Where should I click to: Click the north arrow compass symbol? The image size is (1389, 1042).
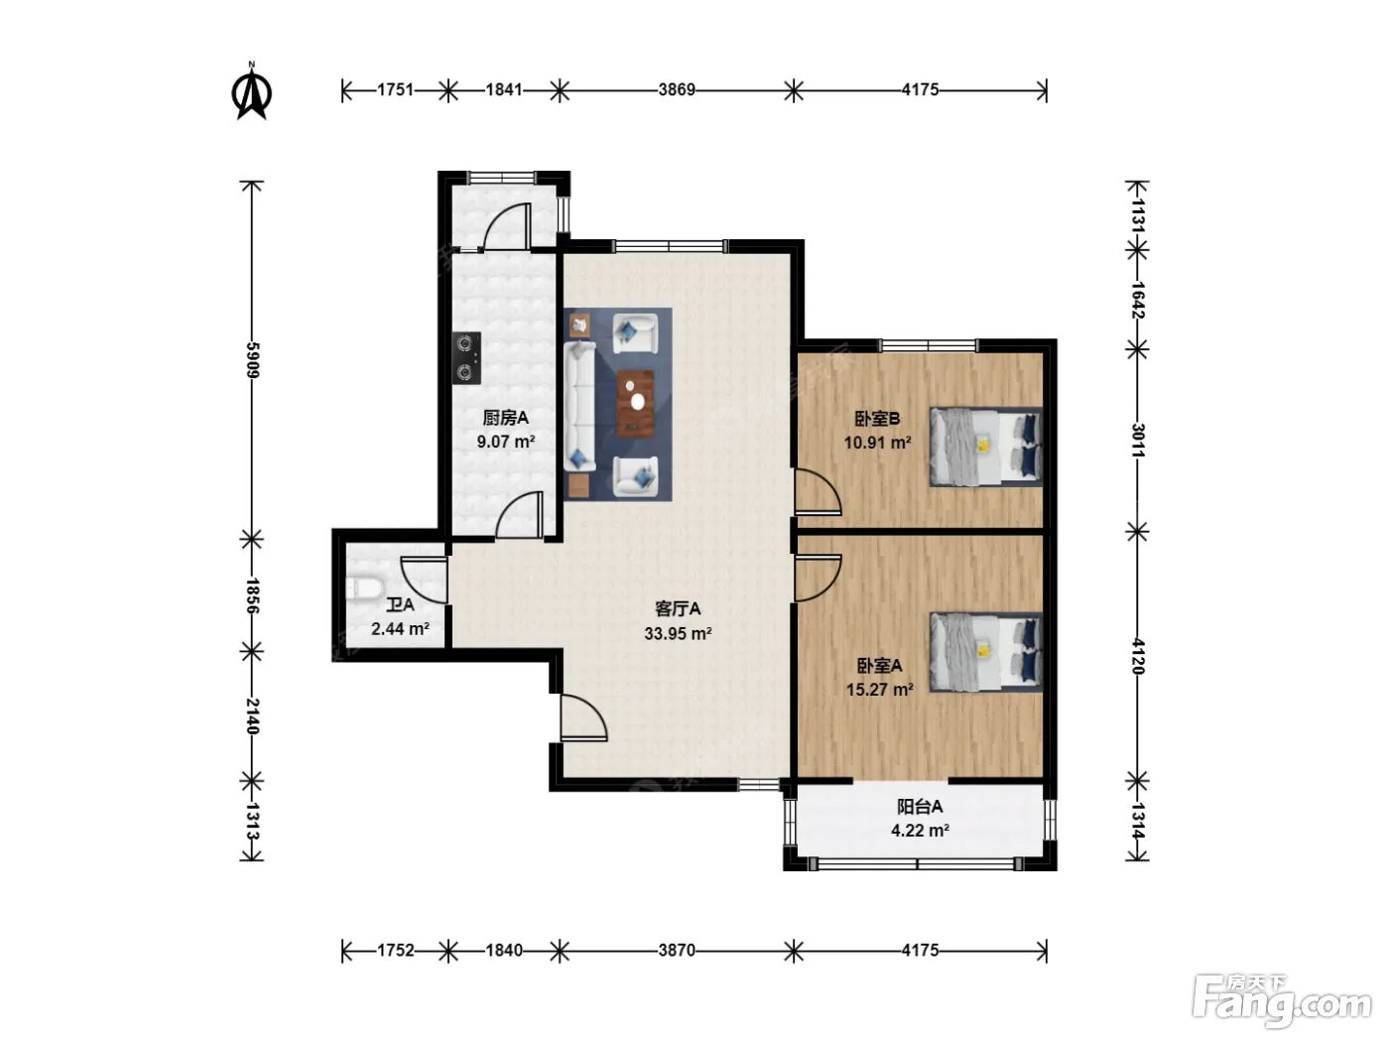[x=251, y=91]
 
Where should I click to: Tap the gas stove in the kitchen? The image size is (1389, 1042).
[x=466, y=358]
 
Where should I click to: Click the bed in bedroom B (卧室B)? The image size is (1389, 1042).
[x=985, y=447]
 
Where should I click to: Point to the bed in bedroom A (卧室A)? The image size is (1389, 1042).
[x=985, y=652]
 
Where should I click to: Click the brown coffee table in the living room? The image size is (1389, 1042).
[x=635, y=404]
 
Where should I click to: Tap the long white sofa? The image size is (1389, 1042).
[x=579, y=406]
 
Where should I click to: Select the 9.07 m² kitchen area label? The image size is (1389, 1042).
[x=506, y=442]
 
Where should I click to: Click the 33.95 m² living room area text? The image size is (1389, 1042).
[x=678, y=633]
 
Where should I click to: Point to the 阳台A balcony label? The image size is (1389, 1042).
[x=920, y=807]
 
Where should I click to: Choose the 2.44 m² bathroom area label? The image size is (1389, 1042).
[x=400, y=629]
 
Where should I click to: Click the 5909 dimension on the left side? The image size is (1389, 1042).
[x=252, y=360]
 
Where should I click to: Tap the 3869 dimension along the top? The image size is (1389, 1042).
[x=677, y=90]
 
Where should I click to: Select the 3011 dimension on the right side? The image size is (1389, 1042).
[x=1137, y=440]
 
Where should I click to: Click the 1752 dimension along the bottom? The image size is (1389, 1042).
[x=396, y=951]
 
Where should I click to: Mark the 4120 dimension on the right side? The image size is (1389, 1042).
[x=1137, y=657]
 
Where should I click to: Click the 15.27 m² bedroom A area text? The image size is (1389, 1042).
[x=880, y=689]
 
